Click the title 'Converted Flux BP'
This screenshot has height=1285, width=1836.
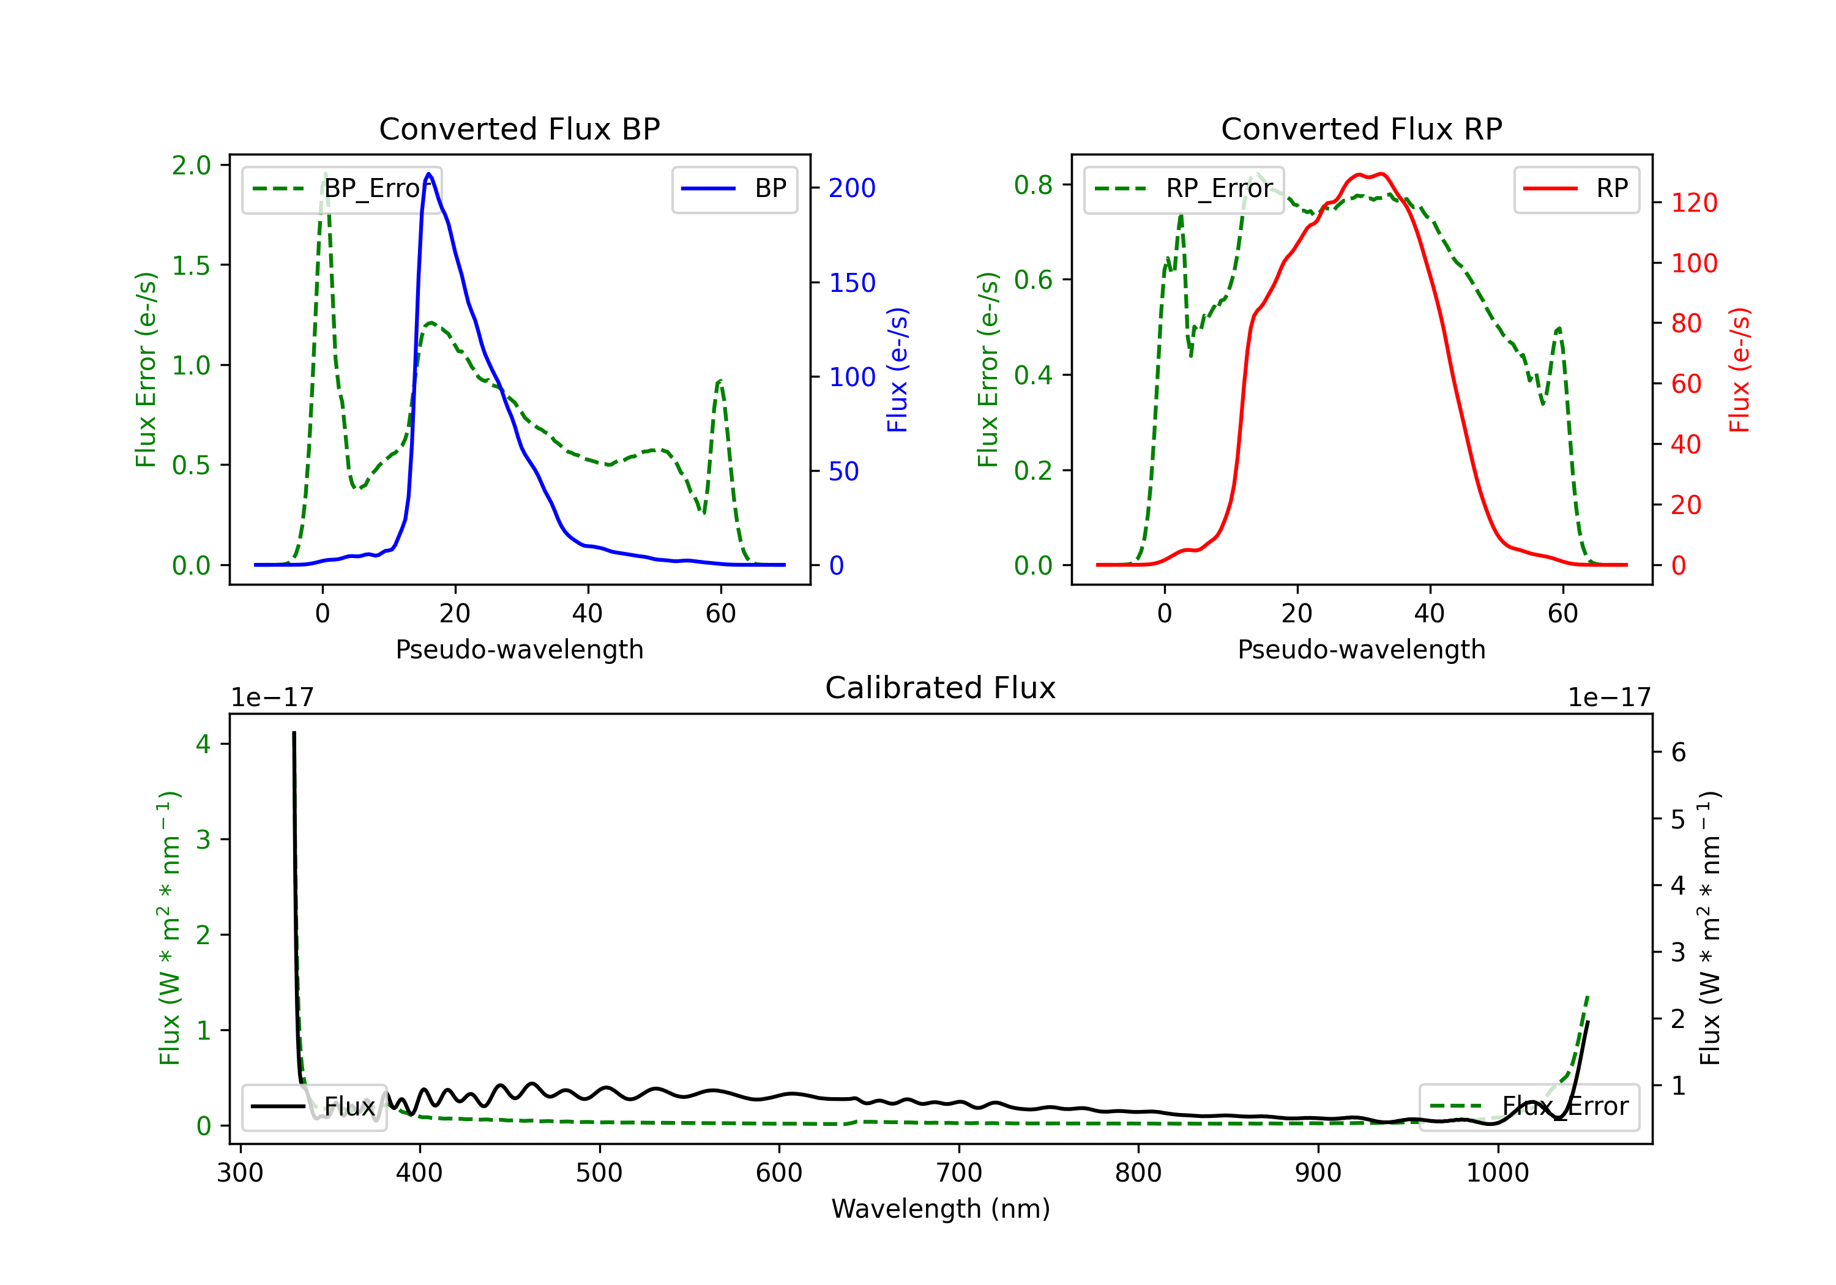[519, 128]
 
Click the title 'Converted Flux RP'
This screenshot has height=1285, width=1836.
[1361, 128]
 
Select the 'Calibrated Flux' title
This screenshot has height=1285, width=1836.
[941, 688]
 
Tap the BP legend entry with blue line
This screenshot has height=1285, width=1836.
[734, 188]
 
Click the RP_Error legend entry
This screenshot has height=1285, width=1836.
[1184, 188]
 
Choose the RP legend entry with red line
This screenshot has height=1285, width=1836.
[1576, 188]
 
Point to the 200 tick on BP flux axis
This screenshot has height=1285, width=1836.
[852, 188]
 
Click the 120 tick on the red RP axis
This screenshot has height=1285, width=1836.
[1693, 203]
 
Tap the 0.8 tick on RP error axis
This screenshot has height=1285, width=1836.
[1033, 185]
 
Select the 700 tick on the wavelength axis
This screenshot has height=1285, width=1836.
[959, 1173]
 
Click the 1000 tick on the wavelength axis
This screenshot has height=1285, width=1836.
[1498, 1173]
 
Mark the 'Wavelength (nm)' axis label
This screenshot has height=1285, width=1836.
[941, 1209]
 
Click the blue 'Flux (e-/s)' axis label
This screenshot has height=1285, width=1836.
[897, 370]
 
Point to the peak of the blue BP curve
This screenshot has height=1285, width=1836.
[428, 174]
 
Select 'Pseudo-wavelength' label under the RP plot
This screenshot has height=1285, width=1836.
[1361, 649]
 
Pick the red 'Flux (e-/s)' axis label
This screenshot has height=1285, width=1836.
[1739, 370]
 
